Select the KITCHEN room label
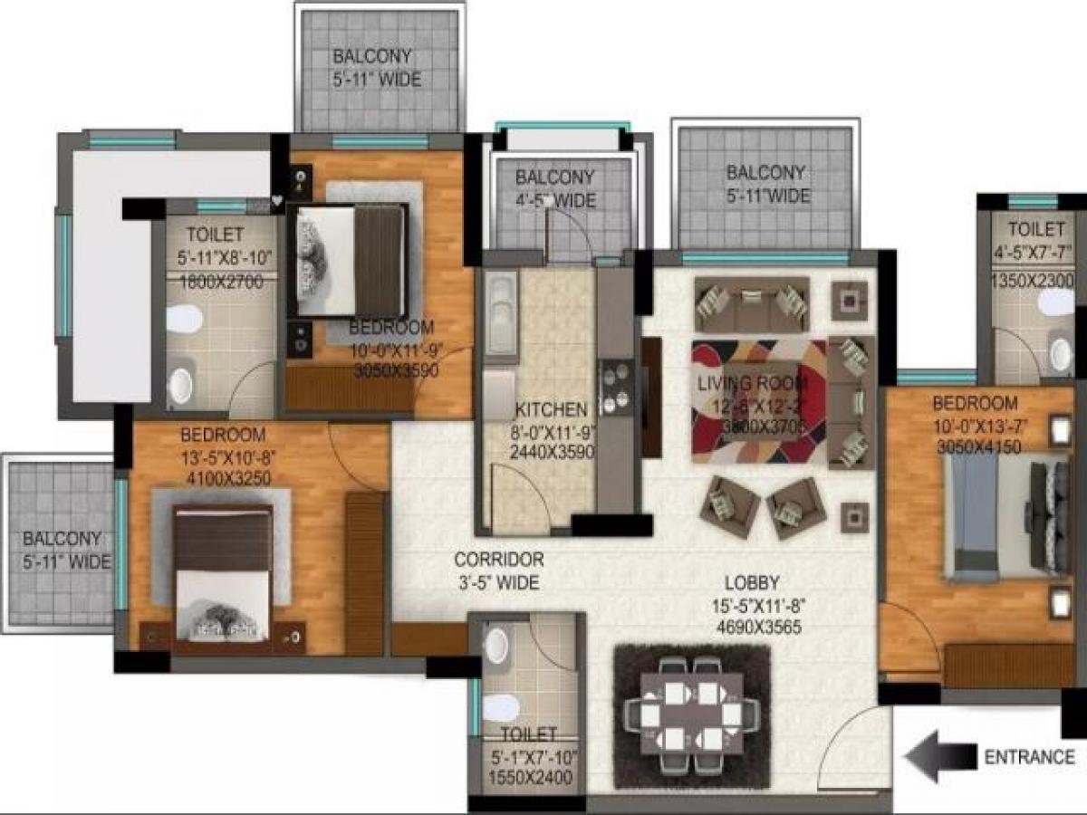pos(551,410)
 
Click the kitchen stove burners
pos(617,387)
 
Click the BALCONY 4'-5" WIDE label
pos(554,188)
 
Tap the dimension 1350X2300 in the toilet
pos(1033,282)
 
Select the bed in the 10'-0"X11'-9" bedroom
pos(349,260)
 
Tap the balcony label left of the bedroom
pos(63,550)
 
